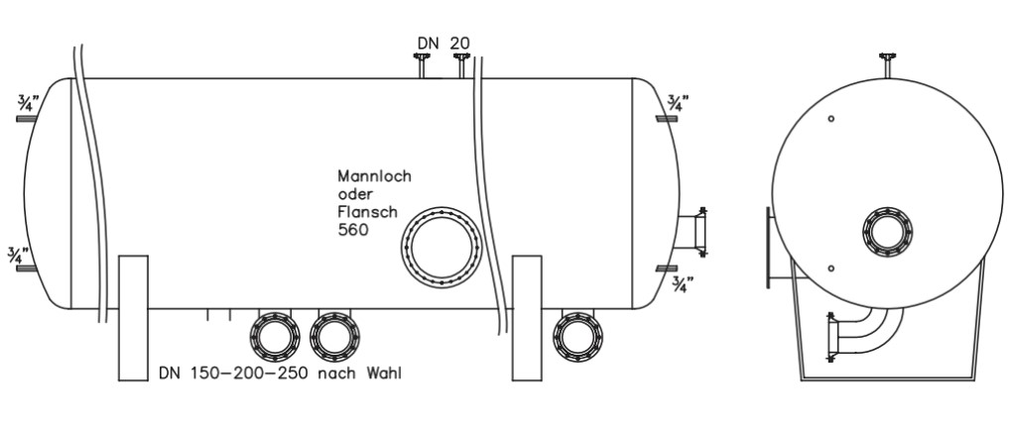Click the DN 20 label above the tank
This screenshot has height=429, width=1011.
443,44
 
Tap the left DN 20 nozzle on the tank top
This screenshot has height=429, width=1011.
423,65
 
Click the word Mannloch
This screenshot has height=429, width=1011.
375,175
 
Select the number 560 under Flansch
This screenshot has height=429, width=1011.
353,230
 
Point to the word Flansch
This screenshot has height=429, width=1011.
368,212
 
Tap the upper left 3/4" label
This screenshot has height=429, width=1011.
29,102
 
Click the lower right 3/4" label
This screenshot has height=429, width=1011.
683,284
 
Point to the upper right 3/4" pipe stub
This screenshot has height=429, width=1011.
666,119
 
